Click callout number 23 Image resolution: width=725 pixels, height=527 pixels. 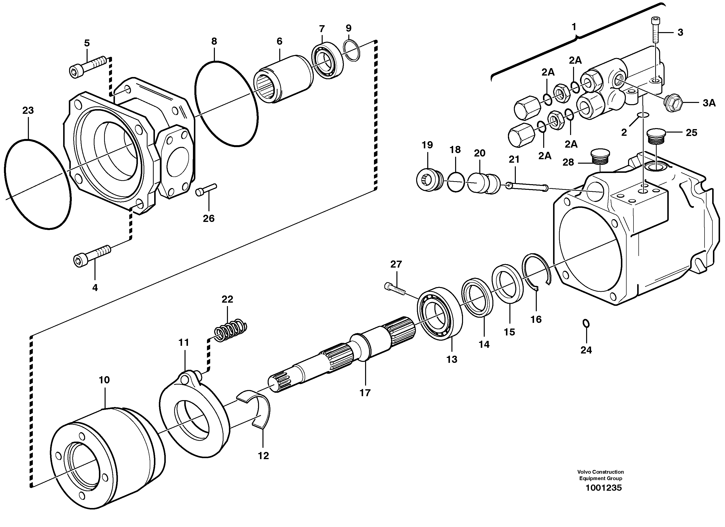28,110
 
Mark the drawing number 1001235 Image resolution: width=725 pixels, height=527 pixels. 604,488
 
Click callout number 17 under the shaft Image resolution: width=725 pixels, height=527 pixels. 365,393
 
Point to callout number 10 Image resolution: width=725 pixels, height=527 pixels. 104,380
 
